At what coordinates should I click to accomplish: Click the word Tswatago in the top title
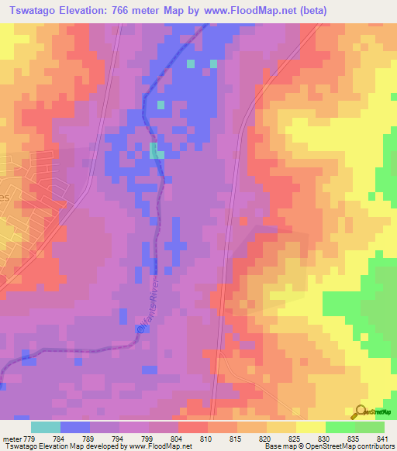coord(37,11)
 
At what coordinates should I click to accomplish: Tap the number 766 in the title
coord(141,11)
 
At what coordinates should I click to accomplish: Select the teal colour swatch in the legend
coord(45,427)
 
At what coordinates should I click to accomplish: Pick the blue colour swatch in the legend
coord(74,427)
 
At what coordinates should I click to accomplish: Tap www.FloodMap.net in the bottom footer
coord(160,446)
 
